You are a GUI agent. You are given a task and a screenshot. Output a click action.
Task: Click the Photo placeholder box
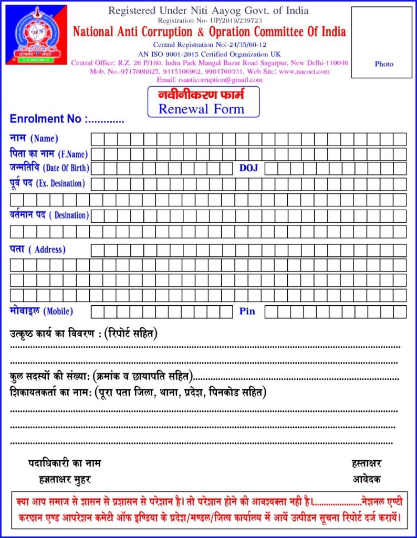(383, 43)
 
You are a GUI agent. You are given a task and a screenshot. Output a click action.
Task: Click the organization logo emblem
(36, 35)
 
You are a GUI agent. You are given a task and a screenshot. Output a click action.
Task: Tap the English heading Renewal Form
(201, 109)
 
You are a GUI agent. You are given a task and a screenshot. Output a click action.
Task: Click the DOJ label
(249, 168)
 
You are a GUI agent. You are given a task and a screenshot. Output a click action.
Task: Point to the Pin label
(247, 311)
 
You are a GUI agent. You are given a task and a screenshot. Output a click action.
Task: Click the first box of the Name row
(98, 139)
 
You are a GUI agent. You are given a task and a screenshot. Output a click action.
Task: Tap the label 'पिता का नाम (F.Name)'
(49, 154)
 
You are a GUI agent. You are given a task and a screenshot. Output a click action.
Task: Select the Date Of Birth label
(49, 168)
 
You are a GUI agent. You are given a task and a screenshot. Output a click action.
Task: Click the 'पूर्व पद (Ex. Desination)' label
(47, 183)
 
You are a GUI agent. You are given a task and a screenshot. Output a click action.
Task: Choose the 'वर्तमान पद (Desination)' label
(49, 215)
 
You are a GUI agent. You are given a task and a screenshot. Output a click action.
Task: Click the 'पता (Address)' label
(37, 249)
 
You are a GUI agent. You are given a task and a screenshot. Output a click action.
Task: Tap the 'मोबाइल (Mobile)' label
(41, 311)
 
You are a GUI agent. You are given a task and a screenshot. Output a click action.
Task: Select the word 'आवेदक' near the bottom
(367, 479)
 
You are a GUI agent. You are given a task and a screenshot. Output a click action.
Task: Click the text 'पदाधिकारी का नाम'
(65, 463)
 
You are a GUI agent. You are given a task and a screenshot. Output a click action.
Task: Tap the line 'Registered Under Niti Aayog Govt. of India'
(208, 11)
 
